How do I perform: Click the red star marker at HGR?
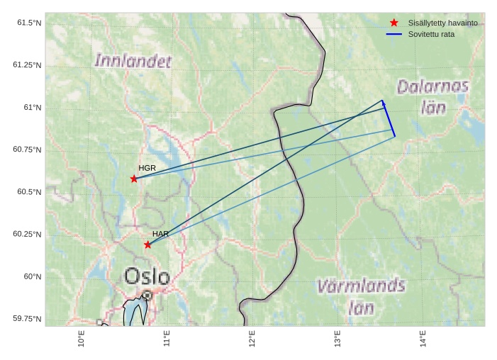click(134, 179)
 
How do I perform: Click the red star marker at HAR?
click(147, 244)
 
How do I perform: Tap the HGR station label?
click(147, 168)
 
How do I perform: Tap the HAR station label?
click(160, 234)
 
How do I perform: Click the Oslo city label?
click(147, 276)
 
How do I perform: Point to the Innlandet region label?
click(133, 62)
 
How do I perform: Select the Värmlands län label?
click(361, 296)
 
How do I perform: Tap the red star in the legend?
click(394, 23)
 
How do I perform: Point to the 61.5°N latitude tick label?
click(29, 23)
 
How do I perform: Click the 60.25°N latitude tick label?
click(27, 235)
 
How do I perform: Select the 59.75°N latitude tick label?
click(27, 319)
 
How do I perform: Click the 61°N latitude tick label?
click(32, 108)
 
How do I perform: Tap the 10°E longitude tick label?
click(82, 339)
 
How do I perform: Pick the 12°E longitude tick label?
click(252, 339)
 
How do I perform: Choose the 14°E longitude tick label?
click(423, 339)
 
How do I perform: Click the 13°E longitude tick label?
click(338, 339)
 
